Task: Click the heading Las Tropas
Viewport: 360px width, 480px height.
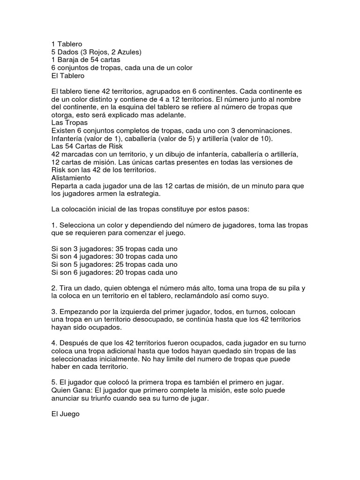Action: (69, 122)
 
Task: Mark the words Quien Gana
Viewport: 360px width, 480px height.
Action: (71, 390)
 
